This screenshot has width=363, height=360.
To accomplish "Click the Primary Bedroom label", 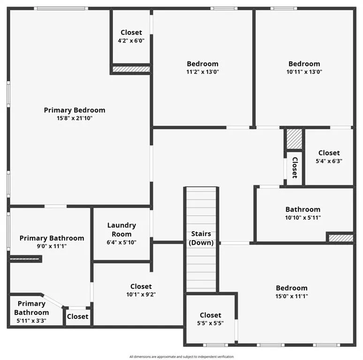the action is pyautogui.click(x=75, y=110).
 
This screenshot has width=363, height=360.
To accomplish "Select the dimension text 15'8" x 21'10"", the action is pyautogui.click(x=75, y=118).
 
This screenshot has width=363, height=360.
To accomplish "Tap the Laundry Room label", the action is pyautogui.click(x=121, y=230).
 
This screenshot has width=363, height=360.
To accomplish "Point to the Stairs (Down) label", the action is pyautogui.click(x=201, y=238).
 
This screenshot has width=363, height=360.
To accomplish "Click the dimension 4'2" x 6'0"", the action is pyautogui.click(x=131, y=41).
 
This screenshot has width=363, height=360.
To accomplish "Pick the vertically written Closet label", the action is pyautogui.click(x=295, y=168).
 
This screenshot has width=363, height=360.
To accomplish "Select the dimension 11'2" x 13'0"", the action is pyautogui.click(x=203, y=72).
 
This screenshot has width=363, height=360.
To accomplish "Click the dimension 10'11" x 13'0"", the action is pyautogui.click(x=304, y=72).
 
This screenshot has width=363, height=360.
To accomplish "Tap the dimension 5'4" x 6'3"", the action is pyautogui.click(x=329, y=161).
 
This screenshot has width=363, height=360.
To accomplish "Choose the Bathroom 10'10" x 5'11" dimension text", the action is pyautogui.click(x=303, y=217).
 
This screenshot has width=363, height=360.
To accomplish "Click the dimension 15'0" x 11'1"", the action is pyautogui.click(x=292, y=296).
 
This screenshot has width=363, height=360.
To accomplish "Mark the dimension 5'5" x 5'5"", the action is pyautogui.click(x=211, y=323).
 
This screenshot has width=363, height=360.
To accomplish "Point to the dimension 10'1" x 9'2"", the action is pyautogui.click(x=141, y=294).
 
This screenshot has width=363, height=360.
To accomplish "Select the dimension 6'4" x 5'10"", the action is pyautogui.click(x=121, y=242).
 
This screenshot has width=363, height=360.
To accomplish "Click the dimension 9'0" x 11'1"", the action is pyautogui.click(x=52, y=246).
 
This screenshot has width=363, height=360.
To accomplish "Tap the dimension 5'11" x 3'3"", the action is pyautogui.click(x=31, y=321).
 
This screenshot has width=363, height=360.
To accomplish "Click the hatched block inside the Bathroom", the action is pyautogui.click(x=341, y=238).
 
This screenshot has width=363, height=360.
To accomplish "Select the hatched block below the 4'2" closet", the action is pyautogui.click(x=131, y=69).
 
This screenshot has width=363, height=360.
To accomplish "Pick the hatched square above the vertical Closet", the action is pyautogui.click(x=295, y=139).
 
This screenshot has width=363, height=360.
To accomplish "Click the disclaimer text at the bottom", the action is pyautogui.click(x=181, y=357).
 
